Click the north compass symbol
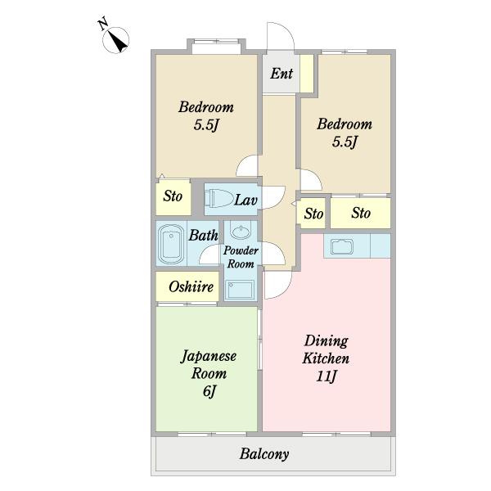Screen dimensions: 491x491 coord(116,40)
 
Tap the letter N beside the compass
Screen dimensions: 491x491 coord(103,24)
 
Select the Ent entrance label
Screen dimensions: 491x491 coord(282,74)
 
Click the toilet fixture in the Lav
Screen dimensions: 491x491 coord(218,198)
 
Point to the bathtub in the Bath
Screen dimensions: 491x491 coord(171,244)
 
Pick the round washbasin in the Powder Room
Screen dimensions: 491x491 coord(240,231)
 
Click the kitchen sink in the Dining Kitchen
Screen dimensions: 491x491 coord(342,246)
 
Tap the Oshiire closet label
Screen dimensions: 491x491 coord(191,286)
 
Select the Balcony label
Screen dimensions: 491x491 coord(264,454)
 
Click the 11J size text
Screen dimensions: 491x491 coord(327,376)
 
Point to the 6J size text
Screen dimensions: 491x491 coord(209,391)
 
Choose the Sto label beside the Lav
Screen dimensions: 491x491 coord(173,196)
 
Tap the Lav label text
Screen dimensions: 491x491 coord(245,200)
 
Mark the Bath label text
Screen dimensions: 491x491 coord(203,235)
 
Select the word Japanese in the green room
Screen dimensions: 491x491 coord(209,357)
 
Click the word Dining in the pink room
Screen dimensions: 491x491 coord(327,340)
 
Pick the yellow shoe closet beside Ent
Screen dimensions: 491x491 coord(307,74)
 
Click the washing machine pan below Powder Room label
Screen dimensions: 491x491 coord(241,290)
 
